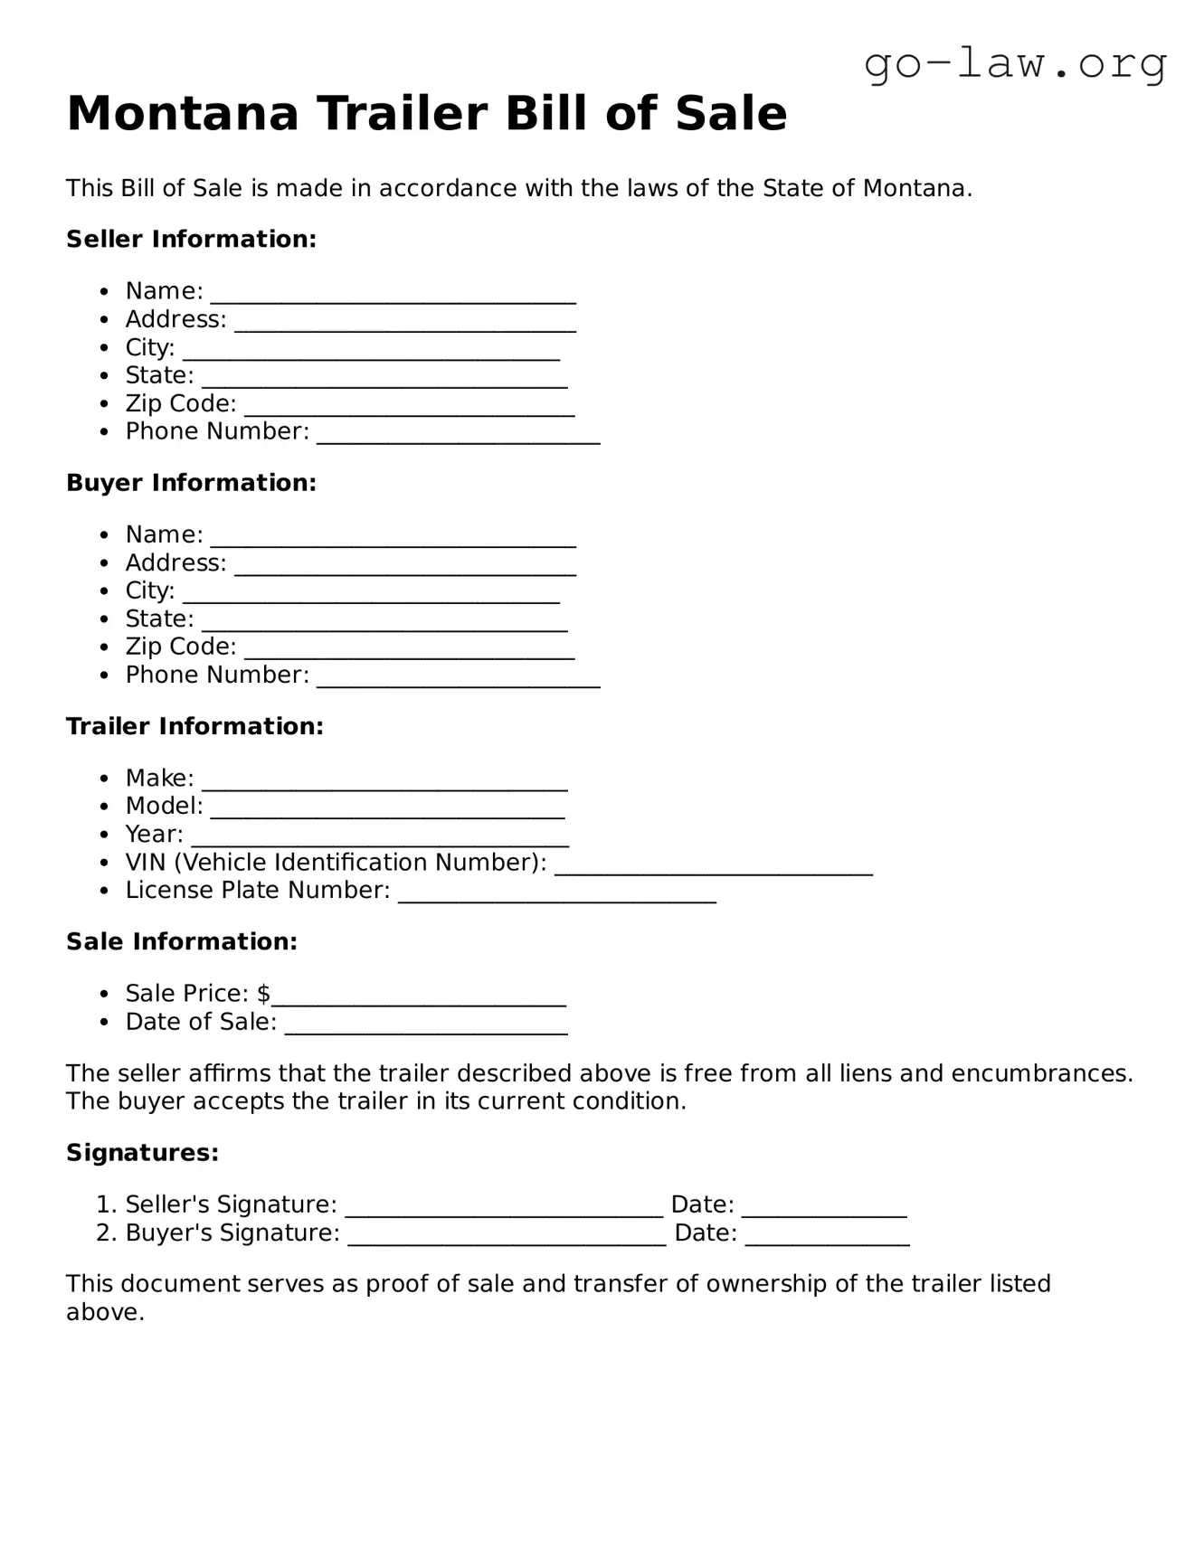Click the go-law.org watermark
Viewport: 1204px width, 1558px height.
click(x=1015, y=65)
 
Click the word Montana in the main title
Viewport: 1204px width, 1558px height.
click(x=182, y=114)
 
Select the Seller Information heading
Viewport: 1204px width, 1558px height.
click(x=191, y=240)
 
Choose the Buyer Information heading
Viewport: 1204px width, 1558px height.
click(x=191, y=483)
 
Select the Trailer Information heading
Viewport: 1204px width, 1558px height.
click(x=194, y=726)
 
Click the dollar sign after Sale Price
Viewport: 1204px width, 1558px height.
click(x=263, y=994)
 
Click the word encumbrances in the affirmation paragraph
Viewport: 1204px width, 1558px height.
click(x=1038, y=1073)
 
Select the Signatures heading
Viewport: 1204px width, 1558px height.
click(x=142, y=1153)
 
